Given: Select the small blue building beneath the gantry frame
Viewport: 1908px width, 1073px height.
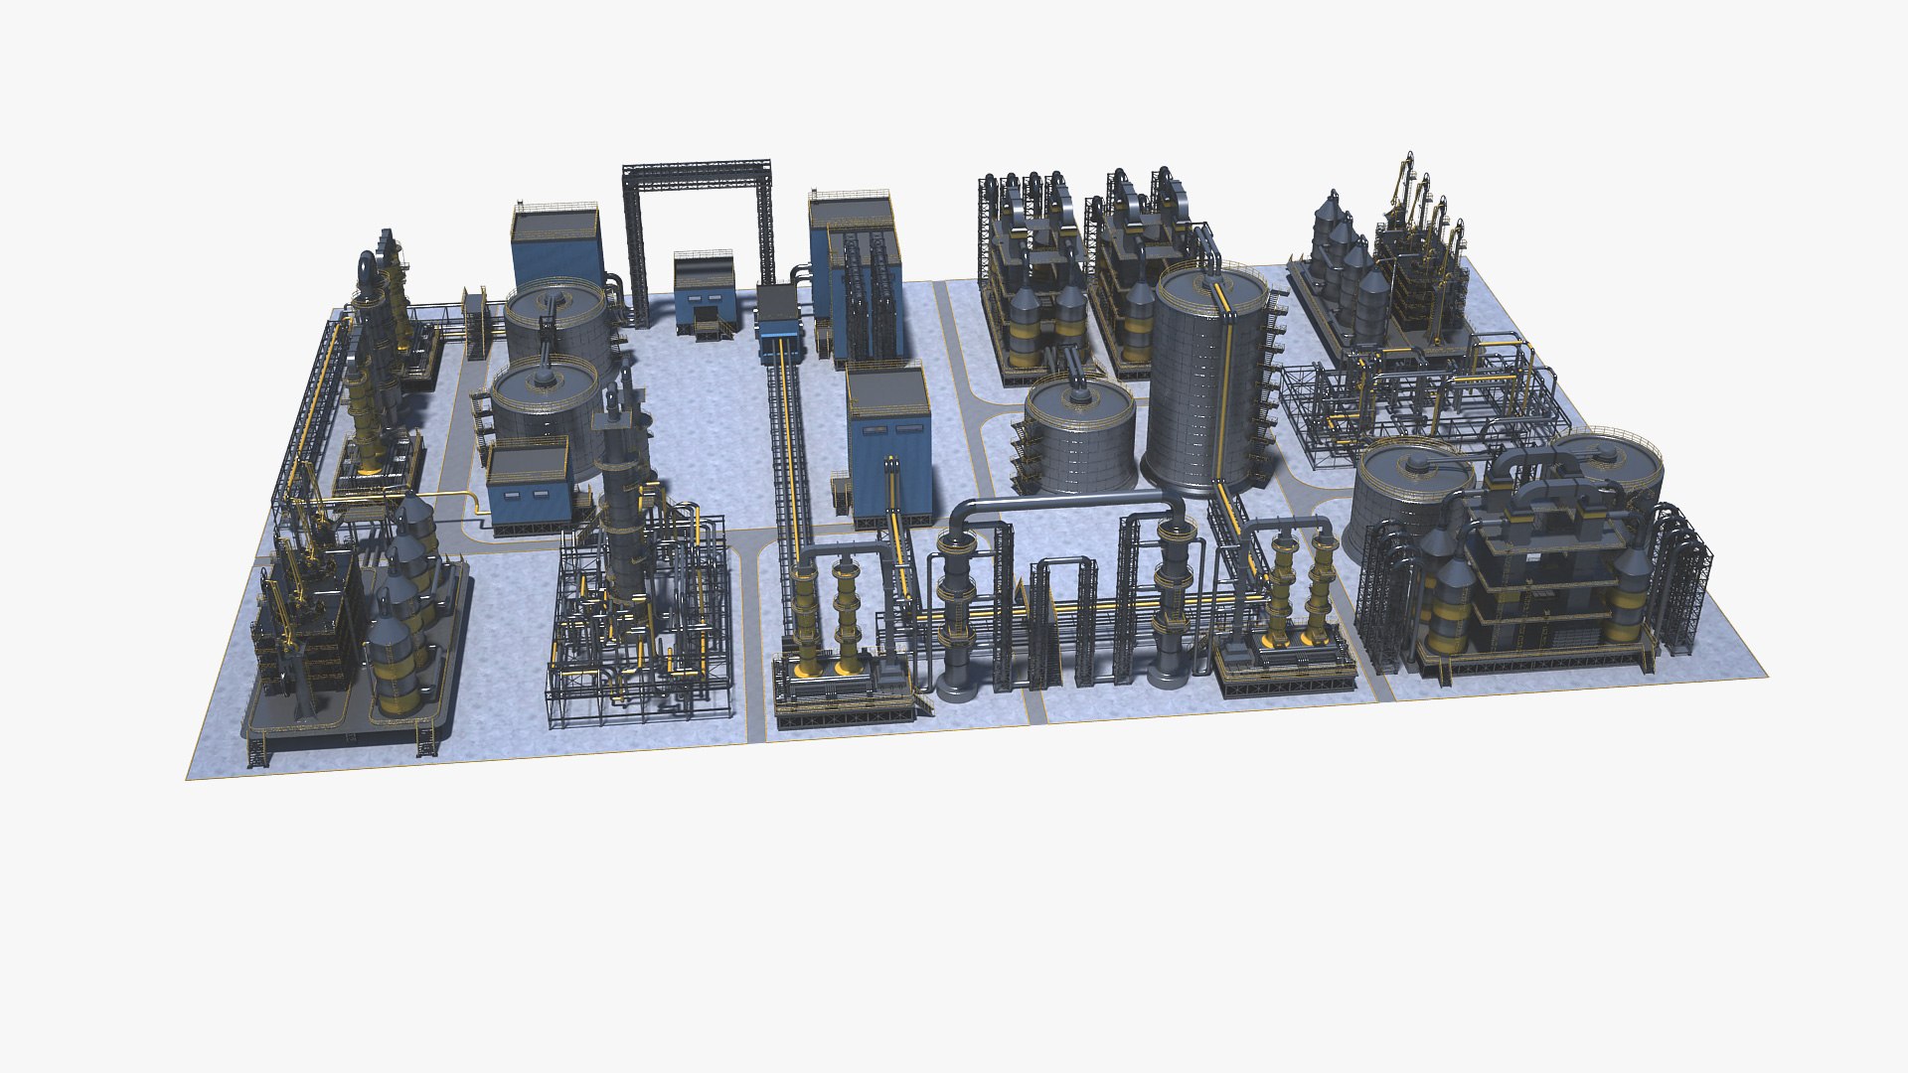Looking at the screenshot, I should point(705,293).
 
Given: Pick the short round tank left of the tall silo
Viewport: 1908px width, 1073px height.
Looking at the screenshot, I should point(1079,437).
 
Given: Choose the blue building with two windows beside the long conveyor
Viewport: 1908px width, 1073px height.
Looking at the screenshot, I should point(887,437).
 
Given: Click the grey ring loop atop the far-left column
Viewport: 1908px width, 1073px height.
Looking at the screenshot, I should point(368,268).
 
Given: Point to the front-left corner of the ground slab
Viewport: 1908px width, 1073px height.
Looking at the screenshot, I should point(189,777).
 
